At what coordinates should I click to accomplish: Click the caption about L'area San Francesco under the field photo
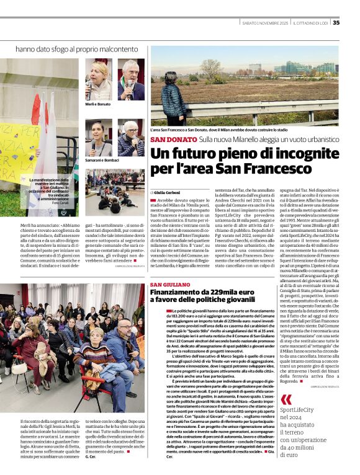click(219, 130)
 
